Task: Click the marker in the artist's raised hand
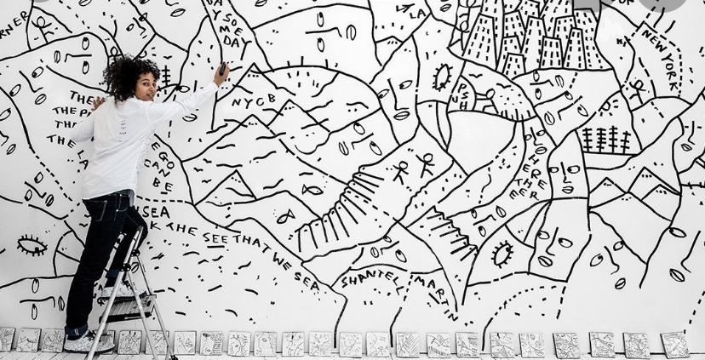pyautogui.click(x=223, y=67)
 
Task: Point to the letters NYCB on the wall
pyautogui.click(x=249, y=101)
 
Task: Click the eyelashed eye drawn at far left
pyautogui.click(x=32, y=246)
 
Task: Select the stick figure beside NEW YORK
pyautogui.click(x=637, y=89)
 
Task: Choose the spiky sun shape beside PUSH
pyautogui.click(x=441, y=77)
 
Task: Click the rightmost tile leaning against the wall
pyautogui.click(x=674, y=344)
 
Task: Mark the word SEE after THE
pyautogui.click(x=215, y=237)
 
